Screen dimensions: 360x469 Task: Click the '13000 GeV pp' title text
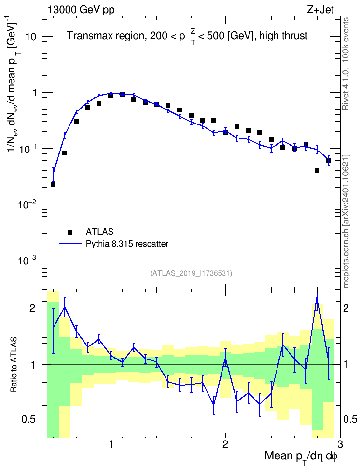(81, 10)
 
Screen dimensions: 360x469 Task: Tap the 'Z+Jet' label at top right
(320, 10)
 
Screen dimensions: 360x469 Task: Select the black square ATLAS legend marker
(70, 232)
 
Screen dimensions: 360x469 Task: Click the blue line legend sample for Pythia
(70, 244)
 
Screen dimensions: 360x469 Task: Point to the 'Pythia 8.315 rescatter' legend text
(127, 244)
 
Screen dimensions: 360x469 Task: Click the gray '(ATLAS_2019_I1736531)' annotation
(191, 273)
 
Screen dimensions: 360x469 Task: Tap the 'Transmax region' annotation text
(105, 36)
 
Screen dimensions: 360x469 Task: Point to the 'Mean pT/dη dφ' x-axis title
(301, 456)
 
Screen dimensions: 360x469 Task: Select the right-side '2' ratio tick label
(346, 308)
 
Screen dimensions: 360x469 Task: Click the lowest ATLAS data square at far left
(53, 185)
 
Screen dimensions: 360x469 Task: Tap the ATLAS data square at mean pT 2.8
(317, 170)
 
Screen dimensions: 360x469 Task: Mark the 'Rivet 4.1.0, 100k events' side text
(346, 64)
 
